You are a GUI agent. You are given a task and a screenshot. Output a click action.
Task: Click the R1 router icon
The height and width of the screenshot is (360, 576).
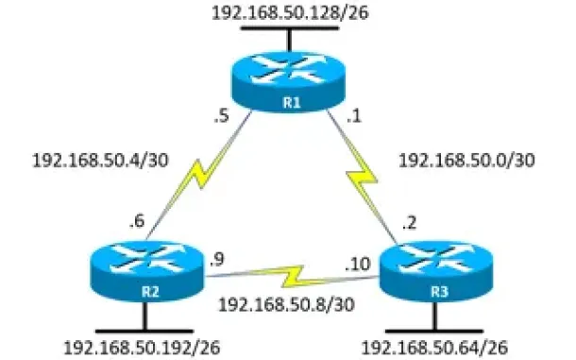(x=288, y=81)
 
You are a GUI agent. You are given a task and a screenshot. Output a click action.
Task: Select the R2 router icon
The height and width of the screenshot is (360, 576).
(x=147, y=271)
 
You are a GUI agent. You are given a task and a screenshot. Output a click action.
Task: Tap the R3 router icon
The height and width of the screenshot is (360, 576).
(x=435, y=271)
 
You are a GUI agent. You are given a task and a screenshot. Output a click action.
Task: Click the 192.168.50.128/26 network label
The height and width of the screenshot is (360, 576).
(x=290, y=12)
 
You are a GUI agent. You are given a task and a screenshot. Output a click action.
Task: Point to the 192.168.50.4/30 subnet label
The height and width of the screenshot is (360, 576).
(x=101, y=161)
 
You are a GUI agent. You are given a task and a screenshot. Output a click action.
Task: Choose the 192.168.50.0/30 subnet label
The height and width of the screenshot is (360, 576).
(x=466, y=161)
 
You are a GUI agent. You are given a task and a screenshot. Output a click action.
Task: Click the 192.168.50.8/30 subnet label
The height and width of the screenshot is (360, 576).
(x=286, y=304)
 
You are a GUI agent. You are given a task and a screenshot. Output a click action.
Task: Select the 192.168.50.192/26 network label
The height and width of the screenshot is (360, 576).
(x=143, y=348)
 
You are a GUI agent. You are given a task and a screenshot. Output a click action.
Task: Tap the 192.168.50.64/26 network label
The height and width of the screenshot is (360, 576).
(x=435, y=348)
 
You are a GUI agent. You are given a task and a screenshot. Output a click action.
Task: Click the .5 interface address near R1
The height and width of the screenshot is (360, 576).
(x=222, y=116)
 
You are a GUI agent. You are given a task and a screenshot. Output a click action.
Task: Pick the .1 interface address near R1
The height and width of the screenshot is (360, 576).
(x=354, y=116)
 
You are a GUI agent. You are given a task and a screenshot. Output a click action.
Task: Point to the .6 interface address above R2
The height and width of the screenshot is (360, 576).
(x=137, y=221)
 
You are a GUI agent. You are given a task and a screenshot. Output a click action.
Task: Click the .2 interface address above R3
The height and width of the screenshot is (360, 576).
(x=409, y=222)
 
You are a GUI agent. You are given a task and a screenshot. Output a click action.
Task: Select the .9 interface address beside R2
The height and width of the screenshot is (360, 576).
(x=217, y=260)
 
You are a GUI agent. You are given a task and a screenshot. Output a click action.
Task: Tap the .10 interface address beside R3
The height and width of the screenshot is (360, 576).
(x=358, y=264)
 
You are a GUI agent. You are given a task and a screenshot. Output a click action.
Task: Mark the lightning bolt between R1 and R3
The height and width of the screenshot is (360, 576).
(x=362, y=176)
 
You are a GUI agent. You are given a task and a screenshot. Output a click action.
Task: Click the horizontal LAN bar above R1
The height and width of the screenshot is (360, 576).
(x=290, y=28)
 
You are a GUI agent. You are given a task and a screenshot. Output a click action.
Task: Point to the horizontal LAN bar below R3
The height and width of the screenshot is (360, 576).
(x=435, y=331)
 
